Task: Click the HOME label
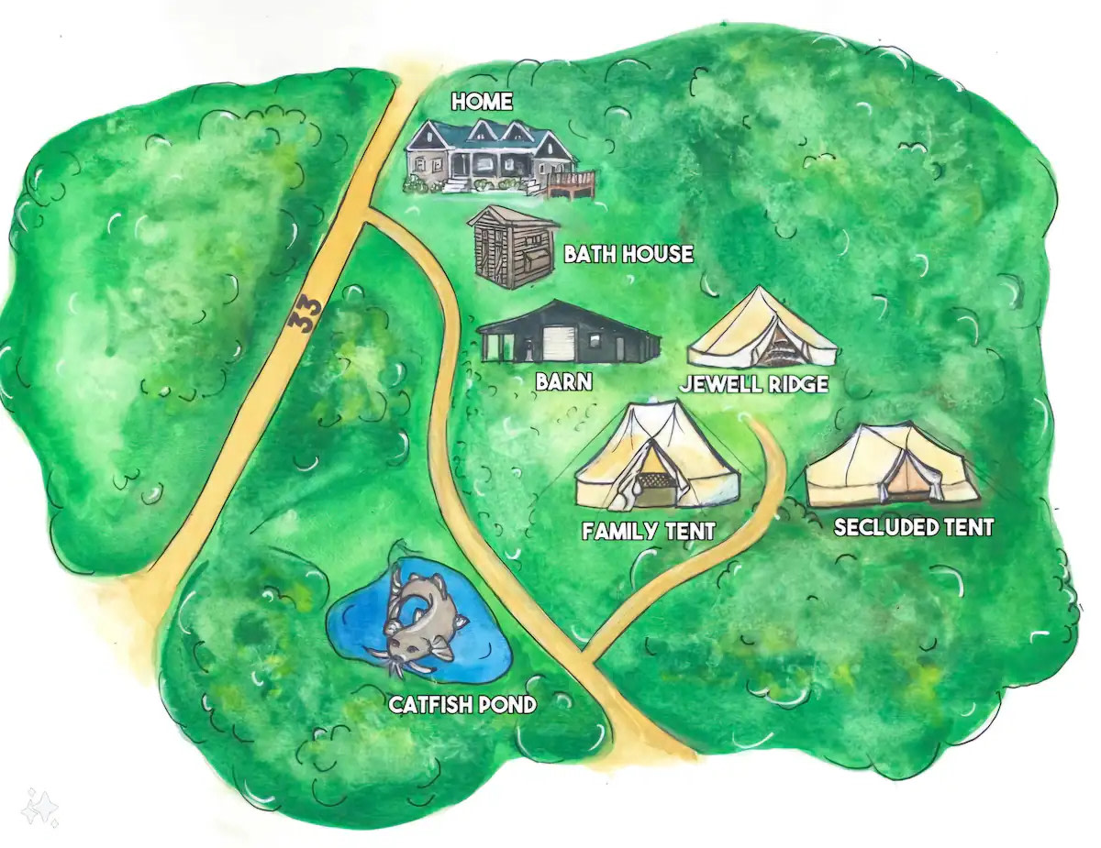point(482,102)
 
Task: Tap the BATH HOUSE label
point(628,254)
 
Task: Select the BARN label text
point(564,380)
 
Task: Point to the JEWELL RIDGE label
point(753,384)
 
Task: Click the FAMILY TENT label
point(648,530)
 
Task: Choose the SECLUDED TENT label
point(913,527)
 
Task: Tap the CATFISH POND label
point(462,705)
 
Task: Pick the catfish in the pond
point(418,619)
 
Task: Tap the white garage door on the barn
point(560,344)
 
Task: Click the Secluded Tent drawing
point(890,468)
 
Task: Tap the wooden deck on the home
point(572,183)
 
